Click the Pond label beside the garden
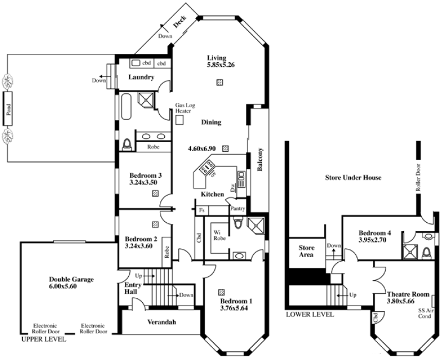coord(8,109)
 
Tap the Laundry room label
coord(141,77)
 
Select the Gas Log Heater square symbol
coord(179,120)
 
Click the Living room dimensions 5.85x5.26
coord(221,65)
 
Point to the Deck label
coord(180,22)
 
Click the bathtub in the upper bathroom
coord(126,107)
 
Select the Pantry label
coord(238,208)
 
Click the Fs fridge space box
coord(202,211)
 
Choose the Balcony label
coord(260,159)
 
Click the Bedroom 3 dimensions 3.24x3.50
coord(143,183)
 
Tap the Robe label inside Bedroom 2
coord(167,252)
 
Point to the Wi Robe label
coord(220,236)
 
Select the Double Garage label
coord(72,279)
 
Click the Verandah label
coord(162,322)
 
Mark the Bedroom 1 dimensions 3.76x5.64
coord(234,308)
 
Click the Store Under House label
coord(353,178)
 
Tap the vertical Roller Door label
coord(418,178)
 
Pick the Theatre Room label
coord(408,294)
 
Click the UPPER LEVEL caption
coord(44,339)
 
